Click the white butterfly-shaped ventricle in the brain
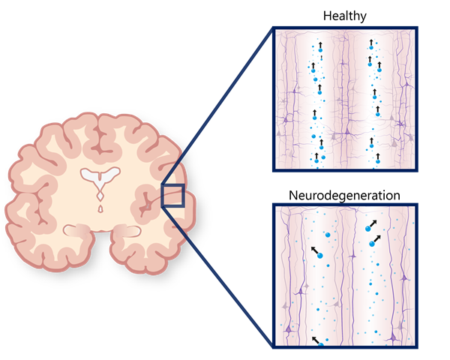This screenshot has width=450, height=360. [x=100, y=176]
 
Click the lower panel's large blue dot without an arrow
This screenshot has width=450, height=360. [x=327, y=235]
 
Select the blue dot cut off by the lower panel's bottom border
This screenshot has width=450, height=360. [x=321, y=345]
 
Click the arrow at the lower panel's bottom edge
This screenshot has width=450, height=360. [x=315, y=340]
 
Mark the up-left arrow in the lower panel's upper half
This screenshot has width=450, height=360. [x=314, y=250]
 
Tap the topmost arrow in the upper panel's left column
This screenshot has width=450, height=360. [x=320, y=46]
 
